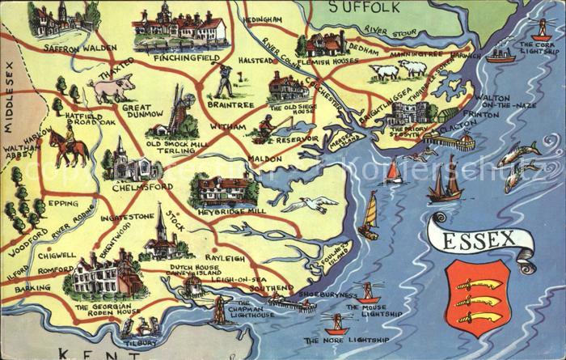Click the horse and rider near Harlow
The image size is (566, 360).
pos(69,148)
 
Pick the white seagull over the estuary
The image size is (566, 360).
pos(310,204)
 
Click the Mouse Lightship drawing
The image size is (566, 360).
pos(369,293)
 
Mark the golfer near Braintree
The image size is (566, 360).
pos(225,81)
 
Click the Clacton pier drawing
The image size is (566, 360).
pos(448,140)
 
